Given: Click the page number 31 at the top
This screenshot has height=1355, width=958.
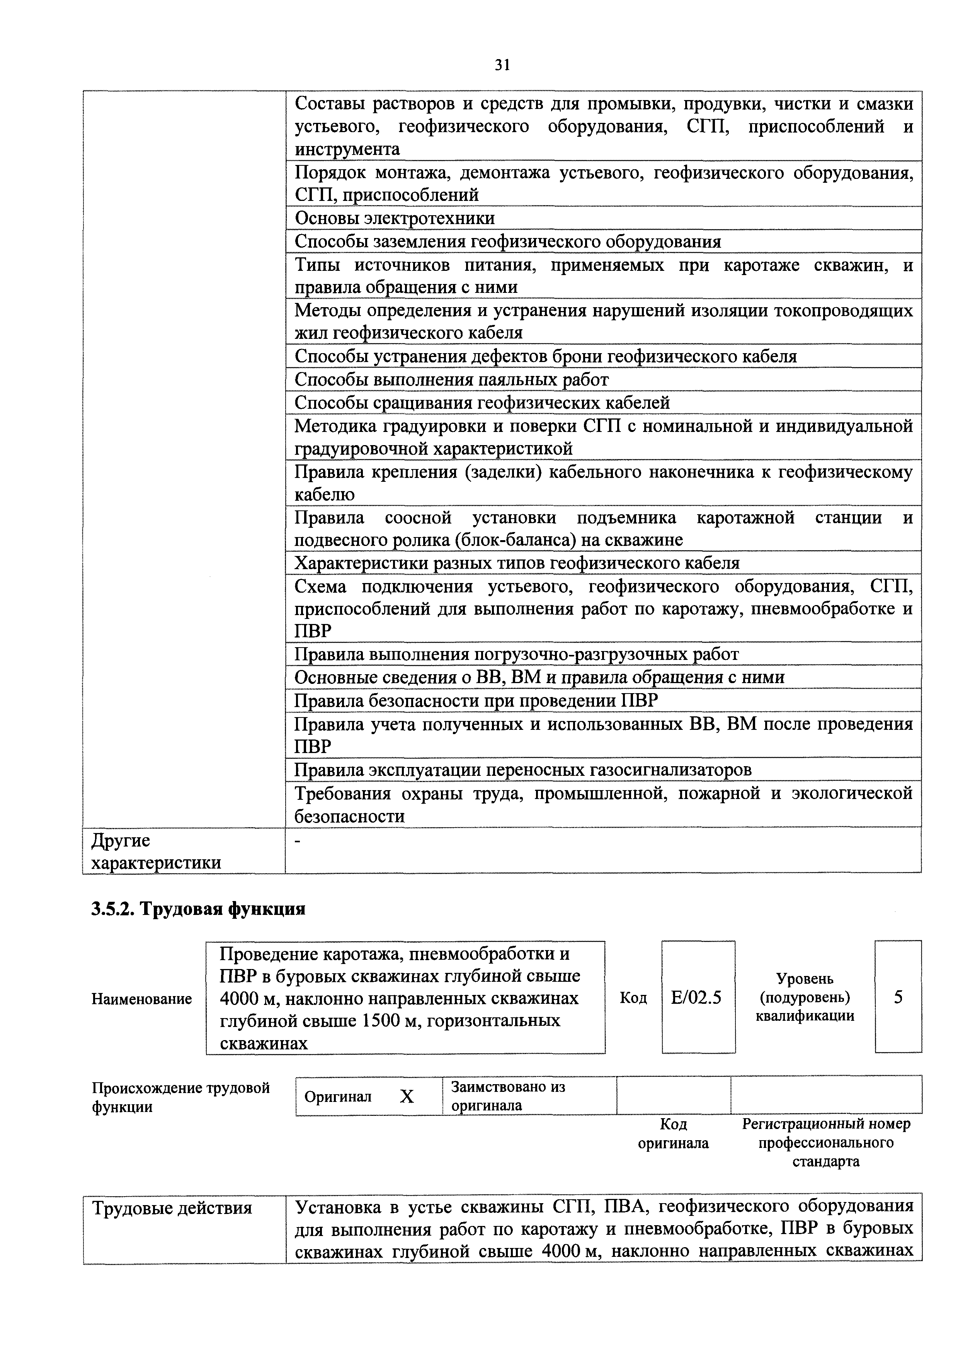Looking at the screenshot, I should click(x=501, y=65).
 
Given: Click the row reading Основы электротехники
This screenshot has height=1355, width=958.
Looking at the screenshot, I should click(x=394, y=218).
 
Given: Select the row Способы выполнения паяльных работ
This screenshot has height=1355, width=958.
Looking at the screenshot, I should click(x=451, y=379).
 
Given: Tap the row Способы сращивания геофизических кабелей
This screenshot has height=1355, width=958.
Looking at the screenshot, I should click(x=482, y=403).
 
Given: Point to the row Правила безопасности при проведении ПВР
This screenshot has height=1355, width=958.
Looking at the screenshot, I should click(x=476, y=700).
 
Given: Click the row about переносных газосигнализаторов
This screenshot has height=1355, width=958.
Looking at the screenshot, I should click(x=523, y=770).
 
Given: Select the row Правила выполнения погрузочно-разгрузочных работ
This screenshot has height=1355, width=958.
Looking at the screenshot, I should click(x=516, y=655).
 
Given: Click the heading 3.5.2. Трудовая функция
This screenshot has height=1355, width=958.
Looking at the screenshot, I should click(x=198, y=909).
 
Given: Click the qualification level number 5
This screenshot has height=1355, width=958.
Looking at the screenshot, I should click(x=898, y=997).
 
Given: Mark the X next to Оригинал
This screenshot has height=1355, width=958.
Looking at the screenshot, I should click(x=407, y=1097).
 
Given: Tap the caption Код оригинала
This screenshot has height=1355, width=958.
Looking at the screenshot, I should click(x=674, y=1134).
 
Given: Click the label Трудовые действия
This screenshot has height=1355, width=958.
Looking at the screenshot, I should click(x=172, y=1209).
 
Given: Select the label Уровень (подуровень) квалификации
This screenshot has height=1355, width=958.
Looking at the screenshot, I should click(x=805, y=997).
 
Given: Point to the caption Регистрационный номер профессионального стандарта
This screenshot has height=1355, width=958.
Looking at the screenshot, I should click(x=826, y=1142).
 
